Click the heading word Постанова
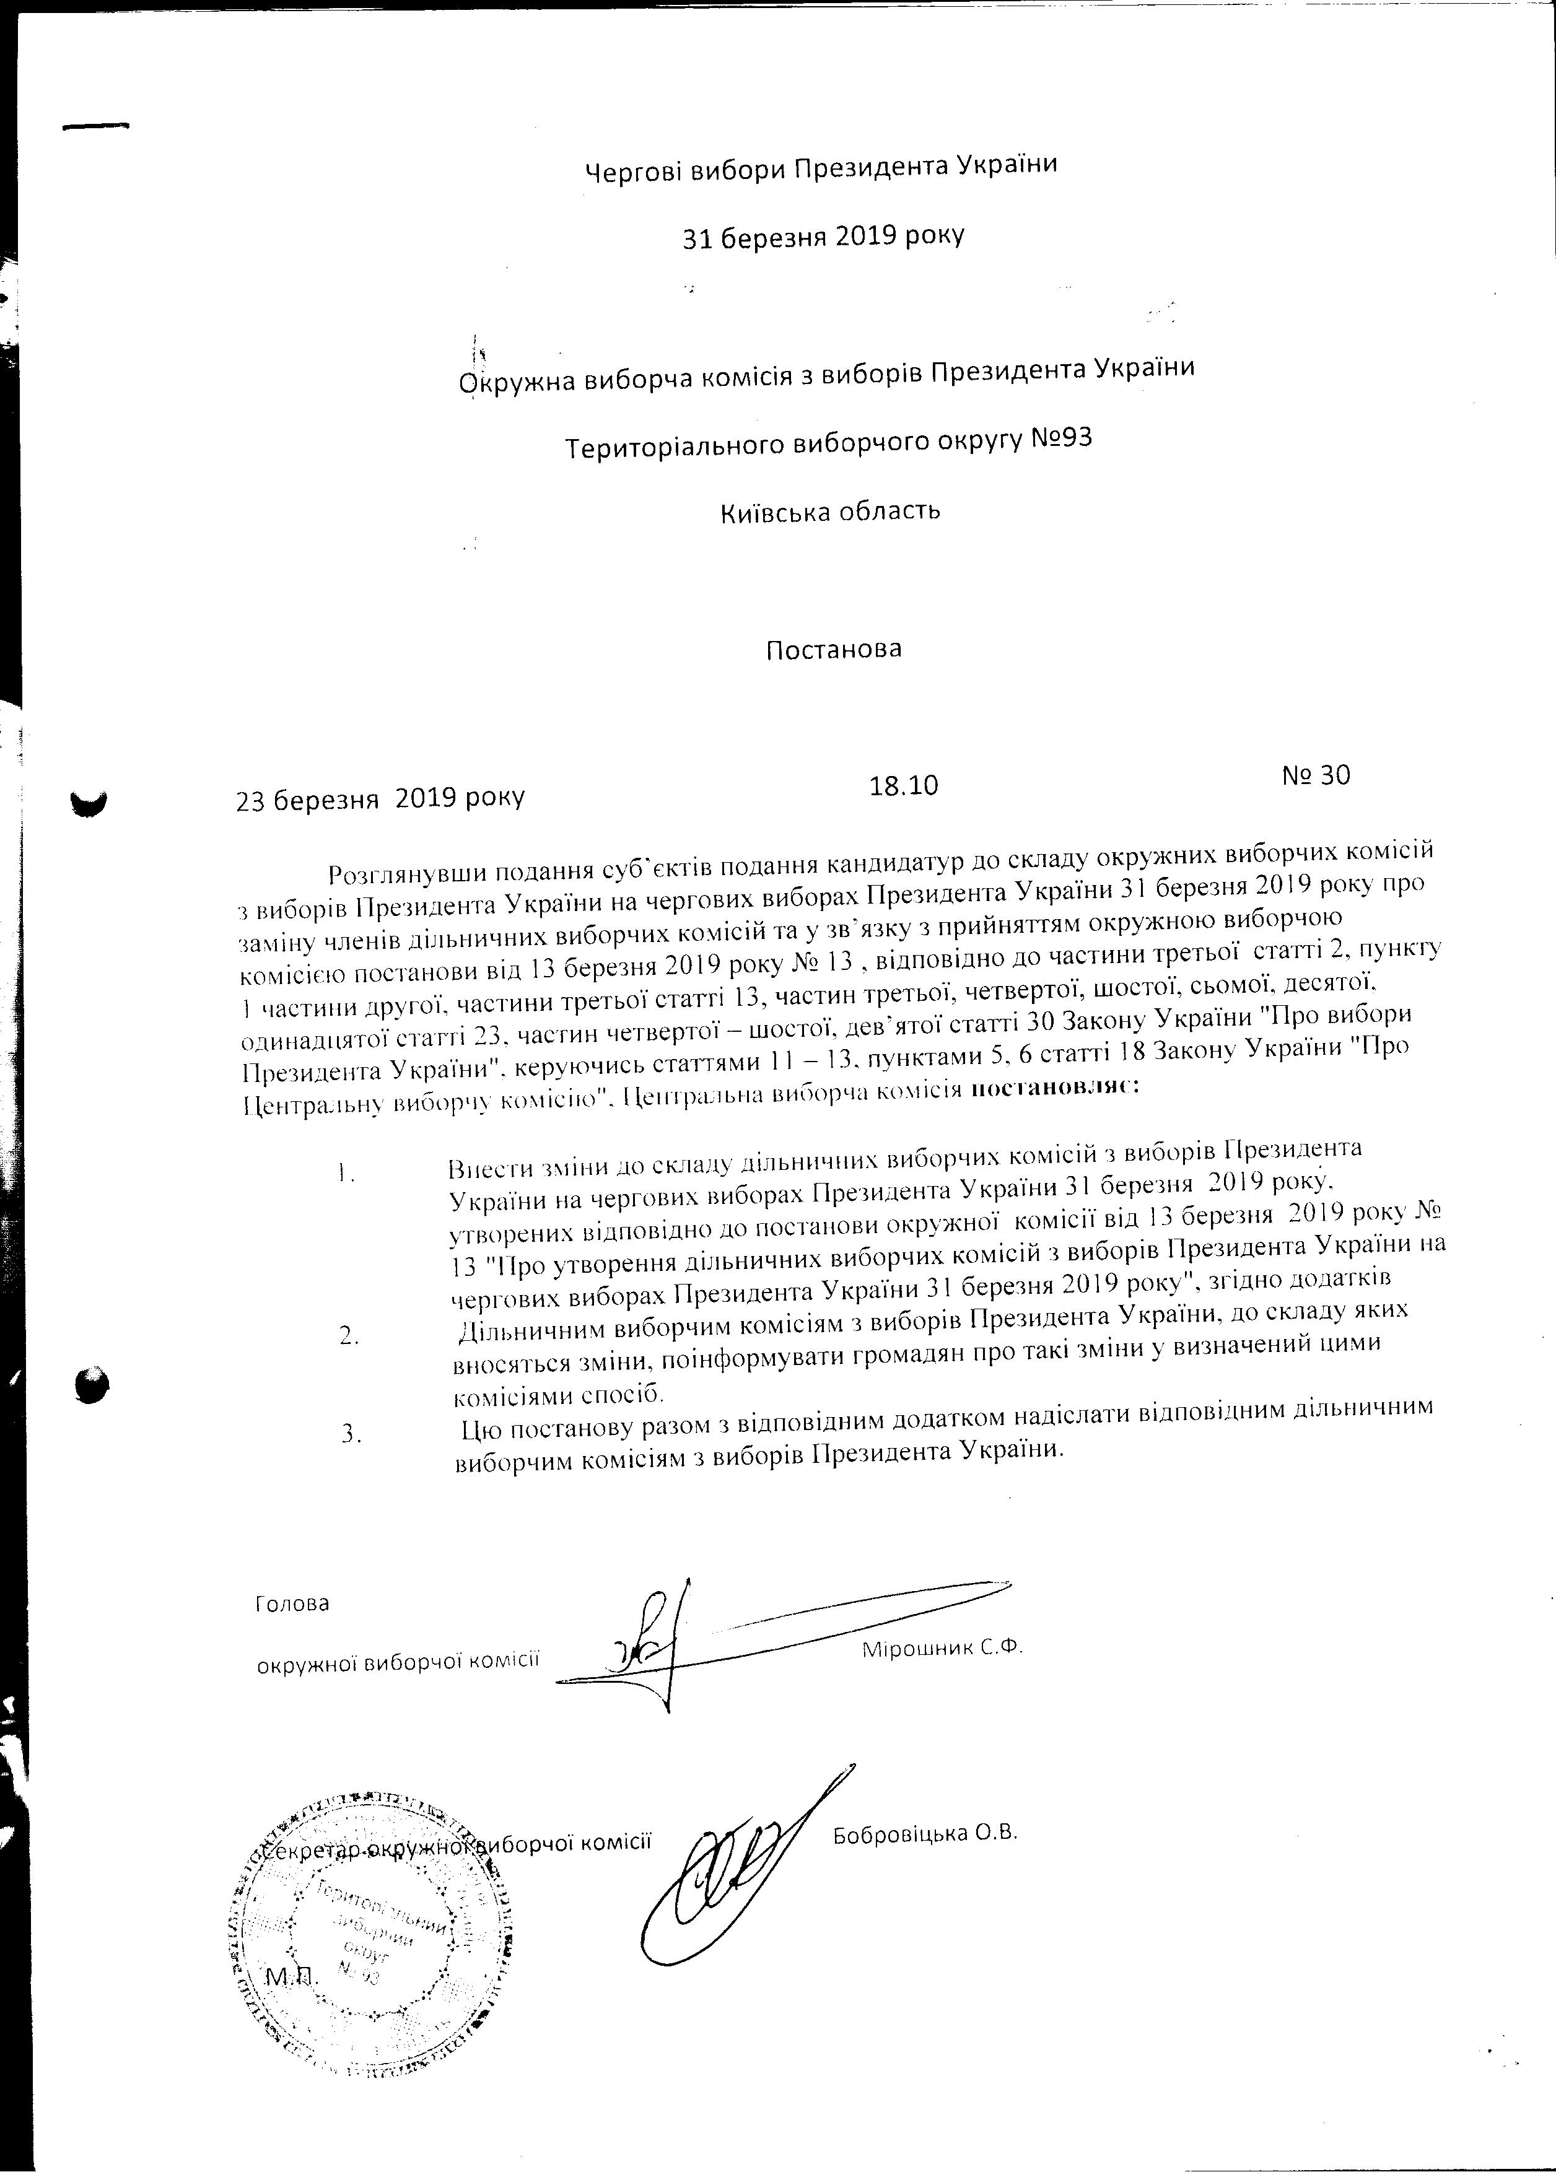833,649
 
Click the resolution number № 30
1316,775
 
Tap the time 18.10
903,785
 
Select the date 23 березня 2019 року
380,797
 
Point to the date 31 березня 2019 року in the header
823,235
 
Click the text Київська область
830,510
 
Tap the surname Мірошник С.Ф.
943,1649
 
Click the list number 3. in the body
351,1434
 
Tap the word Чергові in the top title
634,170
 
